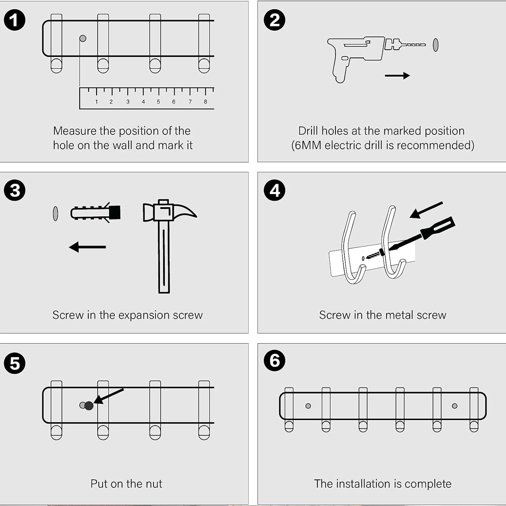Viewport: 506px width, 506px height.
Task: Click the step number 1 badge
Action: pos(15,20)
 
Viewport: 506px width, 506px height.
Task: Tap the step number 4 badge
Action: pos(275,190)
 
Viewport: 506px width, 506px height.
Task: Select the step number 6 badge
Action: pos(275,361)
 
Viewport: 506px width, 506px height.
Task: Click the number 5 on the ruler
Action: pos(158,102)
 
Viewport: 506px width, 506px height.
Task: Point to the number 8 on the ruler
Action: pos(206,102)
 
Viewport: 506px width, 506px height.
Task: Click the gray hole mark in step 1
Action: pos(83,38)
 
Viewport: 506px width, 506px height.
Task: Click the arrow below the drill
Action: pos(397,76)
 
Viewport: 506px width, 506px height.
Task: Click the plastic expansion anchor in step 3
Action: pos(95,213)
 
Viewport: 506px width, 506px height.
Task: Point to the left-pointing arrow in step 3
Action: pos(87,247)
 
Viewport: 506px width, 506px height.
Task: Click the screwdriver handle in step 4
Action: pos(438,228)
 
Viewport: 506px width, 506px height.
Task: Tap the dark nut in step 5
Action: pos(89,405)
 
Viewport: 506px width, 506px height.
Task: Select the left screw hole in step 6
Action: pos(308,406)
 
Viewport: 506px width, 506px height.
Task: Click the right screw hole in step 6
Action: pos(454,406)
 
